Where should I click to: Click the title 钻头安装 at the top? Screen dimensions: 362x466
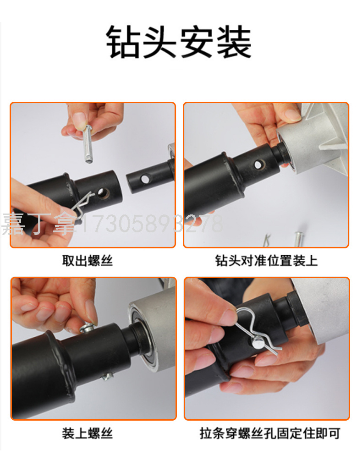tap(179, 41)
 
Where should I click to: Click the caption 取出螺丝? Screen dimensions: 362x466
tap(88, 261)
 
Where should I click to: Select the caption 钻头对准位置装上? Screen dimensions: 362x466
tap(266, 261)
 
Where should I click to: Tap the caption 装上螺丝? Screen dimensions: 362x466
tap(88, 433)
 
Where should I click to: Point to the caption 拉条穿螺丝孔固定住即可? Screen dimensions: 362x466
tap(270, 433)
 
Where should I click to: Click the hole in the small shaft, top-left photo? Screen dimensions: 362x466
tap(145, 179)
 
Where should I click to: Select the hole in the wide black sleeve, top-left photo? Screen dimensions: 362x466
tap(102, 193)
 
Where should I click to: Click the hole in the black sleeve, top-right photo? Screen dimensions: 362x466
tap(258, 164)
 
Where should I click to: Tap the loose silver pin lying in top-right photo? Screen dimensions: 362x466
tap(298, 239)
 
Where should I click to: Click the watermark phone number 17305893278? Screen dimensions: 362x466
tap(151, 224)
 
